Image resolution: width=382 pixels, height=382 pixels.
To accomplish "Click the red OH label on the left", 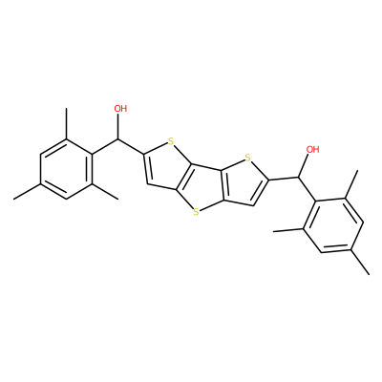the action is coord(120,109).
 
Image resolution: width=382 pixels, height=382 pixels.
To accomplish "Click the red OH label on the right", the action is coord(312,149).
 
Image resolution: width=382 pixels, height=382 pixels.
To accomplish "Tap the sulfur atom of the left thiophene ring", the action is coord(171,141).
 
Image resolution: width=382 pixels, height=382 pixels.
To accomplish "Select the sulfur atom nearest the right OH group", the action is coord(247,158).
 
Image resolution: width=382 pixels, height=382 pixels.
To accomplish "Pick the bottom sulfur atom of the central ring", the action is coord(196,211).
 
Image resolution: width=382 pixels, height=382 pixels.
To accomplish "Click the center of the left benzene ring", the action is coord(66,169).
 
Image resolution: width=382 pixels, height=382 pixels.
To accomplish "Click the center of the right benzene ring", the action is coord(333,225).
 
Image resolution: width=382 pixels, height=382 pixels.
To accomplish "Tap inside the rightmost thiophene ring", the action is coord(245,183).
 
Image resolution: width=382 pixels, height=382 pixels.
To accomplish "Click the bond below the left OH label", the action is coord(118,126).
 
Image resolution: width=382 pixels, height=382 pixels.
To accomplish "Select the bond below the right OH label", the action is coord(304,166).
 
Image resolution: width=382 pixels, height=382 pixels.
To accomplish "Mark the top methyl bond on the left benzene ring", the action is coord(66,123).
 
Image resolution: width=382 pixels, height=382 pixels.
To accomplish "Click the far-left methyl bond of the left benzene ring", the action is coord(27,192).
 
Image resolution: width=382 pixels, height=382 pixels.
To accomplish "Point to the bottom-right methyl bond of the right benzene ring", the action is coord(360,262).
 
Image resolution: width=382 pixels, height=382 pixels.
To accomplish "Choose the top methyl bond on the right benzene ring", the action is coord(351,184).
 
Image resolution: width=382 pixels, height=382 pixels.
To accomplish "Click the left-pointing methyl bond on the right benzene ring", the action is coord(288,230).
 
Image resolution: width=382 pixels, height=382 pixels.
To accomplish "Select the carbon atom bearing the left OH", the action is coord(118,139).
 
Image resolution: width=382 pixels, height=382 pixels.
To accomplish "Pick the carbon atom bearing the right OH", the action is coord(298,178).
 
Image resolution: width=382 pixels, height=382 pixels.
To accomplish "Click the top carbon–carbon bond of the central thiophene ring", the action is coord(206,168).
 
